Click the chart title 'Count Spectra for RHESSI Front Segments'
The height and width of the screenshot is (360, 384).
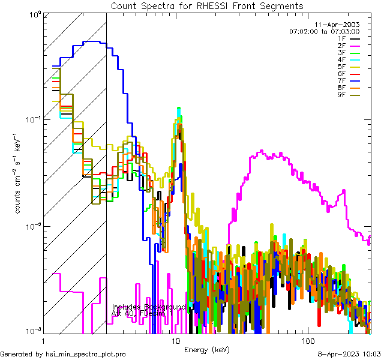tap(207, 6)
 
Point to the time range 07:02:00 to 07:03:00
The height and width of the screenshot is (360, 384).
tap(324, 31)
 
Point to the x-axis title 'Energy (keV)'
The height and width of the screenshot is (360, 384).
tap(207, 349)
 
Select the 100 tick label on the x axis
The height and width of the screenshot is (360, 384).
tap(307, 340)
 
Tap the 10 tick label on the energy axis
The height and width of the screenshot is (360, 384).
tap(176, 340)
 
